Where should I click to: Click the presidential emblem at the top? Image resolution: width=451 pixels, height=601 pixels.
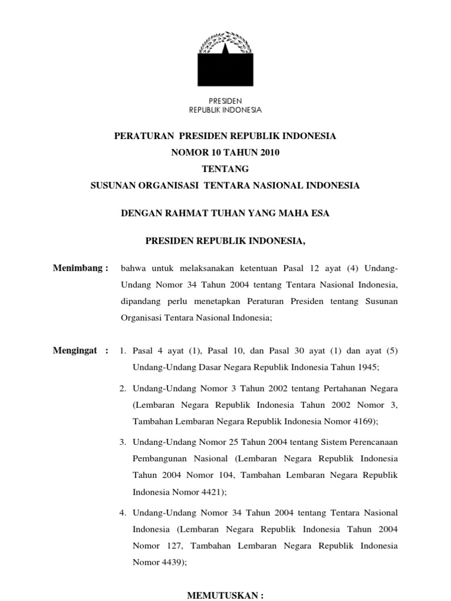(225, 59)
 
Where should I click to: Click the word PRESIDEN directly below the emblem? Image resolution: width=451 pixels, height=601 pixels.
(225, 101)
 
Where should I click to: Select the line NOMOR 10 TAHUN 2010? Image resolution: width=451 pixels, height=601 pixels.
(225, 153)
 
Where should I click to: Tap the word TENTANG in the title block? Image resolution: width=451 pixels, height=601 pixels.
(225, 169)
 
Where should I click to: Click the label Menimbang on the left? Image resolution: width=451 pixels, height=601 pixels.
(81, 268)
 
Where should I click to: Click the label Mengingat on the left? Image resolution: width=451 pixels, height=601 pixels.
(81, 351)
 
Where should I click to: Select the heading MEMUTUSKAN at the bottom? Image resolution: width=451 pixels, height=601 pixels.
(225, 595)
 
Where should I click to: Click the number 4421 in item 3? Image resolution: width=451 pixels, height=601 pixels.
(212, 492)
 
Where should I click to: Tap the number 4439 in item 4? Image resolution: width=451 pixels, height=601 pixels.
(173, 562)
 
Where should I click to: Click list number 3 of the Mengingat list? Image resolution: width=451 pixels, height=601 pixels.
(123, 441)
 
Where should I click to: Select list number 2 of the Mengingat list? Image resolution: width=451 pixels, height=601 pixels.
(123, 389)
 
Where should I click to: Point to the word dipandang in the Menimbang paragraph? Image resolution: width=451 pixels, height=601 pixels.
(140, 302)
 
